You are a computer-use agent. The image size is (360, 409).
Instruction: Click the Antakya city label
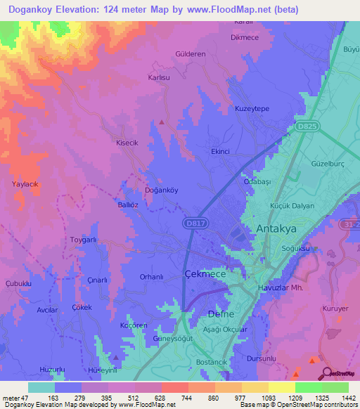[x=276, y=229]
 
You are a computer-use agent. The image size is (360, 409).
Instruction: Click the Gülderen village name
[x=191, y=53]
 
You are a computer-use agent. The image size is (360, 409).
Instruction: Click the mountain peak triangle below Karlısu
[x=162, y=122]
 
